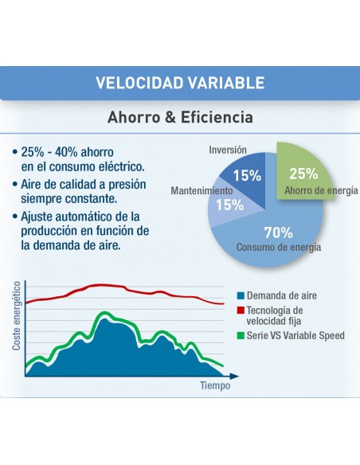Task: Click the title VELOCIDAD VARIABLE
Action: pyautogui.click(x=180, y=83)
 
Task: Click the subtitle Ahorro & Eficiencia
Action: pyautogui.click(x=180, y=117)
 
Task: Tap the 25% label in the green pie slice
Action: pyautogui.click(x=303, y=174)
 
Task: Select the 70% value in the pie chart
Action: pyautogui.click(x=278, y=232)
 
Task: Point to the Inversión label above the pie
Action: pyautogui.click(x=228, y=150)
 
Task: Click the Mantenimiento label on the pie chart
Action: pyautogui.click(x=202, y=190)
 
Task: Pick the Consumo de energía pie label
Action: pyautogui.click(x=279, y=247)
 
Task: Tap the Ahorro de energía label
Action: pyautogui.click(x=321, y=190)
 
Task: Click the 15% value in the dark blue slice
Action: pyautogui.click(x=247, y=175)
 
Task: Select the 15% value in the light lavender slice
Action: pyautogui.click(x=229, y=205)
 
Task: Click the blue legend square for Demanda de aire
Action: pyautogui.click(x=241, y=295)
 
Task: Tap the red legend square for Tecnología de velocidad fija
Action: pyautogui.click(x=241, y=311)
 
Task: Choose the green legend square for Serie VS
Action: pyautogui.click(x=241, y=336)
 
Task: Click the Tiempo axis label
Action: pyautogui.click(x=215, y=385)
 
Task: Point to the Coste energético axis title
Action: pyautogui.click(x=17, y=316)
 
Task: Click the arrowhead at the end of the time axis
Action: pyautogui.click(x=235, y=376)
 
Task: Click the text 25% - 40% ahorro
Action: pyautogui.click(x=67, y=152)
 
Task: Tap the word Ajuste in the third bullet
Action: pyautogui.click(x=36, y=217)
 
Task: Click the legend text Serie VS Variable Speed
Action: pyautogui.click(x=295, y=336)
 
